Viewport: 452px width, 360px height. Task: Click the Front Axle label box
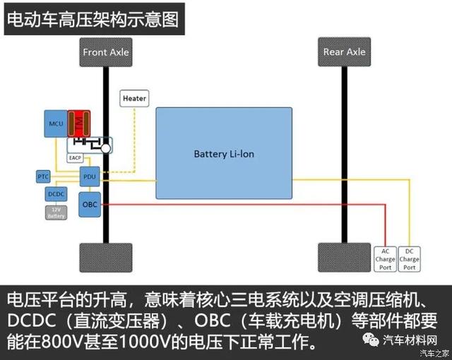point(106,52)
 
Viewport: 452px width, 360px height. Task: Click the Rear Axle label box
point(344,52)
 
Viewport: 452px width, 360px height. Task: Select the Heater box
point(134,99)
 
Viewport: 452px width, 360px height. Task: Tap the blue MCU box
point(56,124)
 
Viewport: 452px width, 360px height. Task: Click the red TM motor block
point(80,124)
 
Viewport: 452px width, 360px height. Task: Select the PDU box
point(89,177)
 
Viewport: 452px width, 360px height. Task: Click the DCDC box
point(56,193)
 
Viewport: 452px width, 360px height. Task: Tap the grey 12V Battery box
point(56,212)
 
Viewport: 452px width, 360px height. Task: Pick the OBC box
point(90,204)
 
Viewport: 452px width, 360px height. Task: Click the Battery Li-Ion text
point(224,153)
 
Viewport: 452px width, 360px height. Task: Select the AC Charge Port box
point(385,259)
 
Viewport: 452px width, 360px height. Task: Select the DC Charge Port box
point(409,259)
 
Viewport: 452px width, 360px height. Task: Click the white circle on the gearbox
point(105,149)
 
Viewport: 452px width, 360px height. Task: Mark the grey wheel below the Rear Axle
point(344,259)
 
